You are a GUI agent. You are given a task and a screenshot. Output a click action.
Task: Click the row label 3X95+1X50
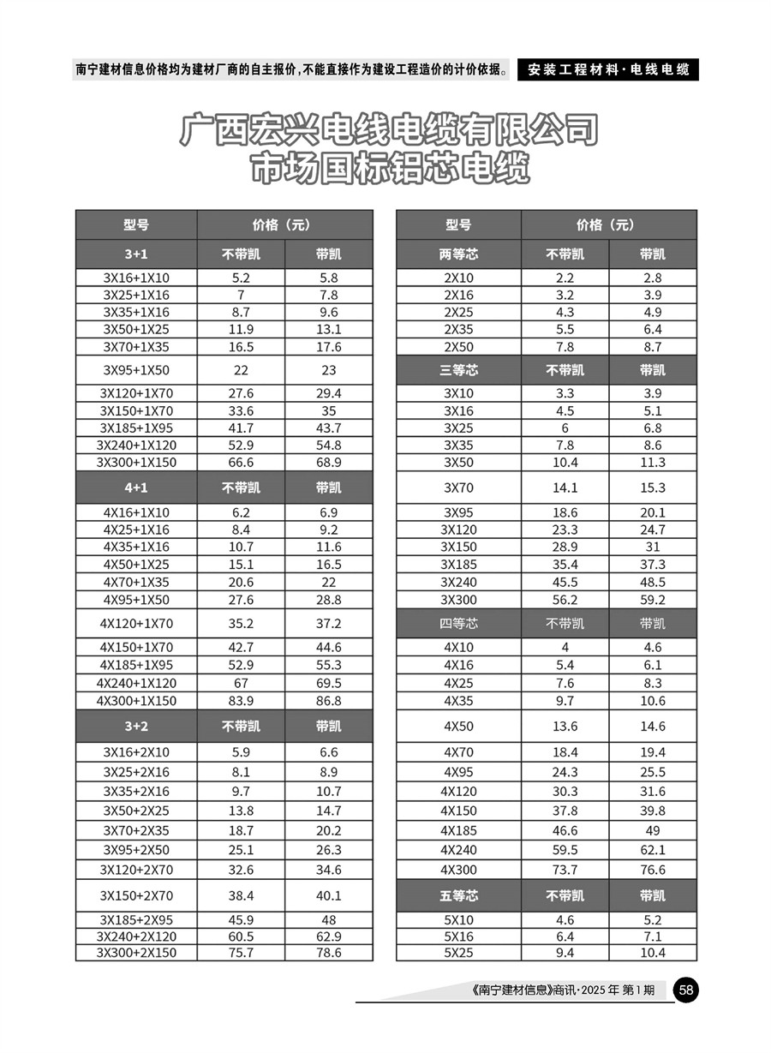pos(136,370)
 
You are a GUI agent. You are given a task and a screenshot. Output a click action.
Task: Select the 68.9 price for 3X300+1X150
pos(328,463)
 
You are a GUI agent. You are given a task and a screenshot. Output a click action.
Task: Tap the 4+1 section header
pos(136,488)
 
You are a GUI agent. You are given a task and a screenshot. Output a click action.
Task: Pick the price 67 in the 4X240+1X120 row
pos(241,683)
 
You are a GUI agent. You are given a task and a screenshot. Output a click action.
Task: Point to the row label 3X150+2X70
pos(136,896)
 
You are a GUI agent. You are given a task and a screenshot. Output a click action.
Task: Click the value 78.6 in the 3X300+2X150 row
pos(328,953)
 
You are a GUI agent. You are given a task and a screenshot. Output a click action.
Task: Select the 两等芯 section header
pos(458,254)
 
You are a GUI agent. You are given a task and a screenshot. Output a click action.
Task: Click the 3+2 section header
pos(136,727)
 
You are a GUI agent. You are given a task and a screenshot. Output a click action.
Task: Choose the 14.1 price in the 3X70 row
pos(565,488)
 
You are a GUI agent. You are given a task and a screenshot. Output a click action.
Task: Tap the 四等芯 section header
pos(458,623)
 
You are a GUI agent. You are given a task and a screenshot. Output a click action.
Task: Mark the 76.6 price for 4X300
pos(653,870)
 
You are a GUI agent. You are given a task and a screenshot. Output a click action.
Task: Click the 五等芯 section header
pos(458,896)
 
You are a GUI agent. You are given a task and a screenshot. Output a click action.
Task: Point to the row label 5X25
pos(458,953)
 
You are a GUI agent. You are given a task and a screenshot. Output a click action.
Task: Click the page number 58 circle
pos(686,990)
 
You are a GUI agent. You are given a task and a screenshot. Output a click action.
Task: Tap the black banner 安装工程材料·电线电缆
pos(608,69)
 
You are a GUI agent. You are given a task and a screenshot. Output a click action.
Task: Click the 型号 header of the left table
pos(136,225)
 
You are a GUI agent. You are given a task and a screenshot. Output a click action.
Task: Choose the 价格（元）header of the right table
pos(608,225)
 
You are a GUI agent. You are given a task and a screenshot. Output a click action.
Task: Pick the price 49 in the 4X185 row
pos(653,830)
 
